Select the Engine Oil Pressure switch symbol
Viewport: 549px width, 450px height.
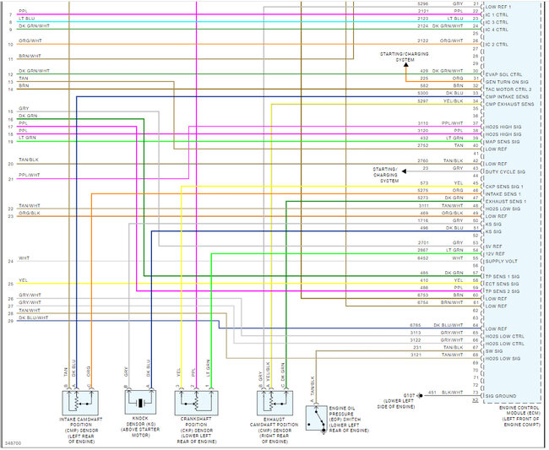(x=312, y=416)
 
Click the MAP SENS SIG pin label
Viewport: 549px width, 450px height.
(x=503, y=141)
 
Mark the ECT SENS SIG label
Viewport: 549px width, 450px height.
(x=503, y=284)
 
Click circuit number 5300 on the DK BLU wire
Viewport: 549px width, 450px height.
(x=423, y=93)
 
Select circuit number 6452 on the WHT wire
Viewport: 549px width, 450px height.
(x=423, y=258)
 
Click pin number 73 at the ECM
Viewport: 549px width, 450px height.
(x=476, y=395)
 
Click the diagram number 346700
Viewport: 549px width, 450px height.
(x=14, y=442)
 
